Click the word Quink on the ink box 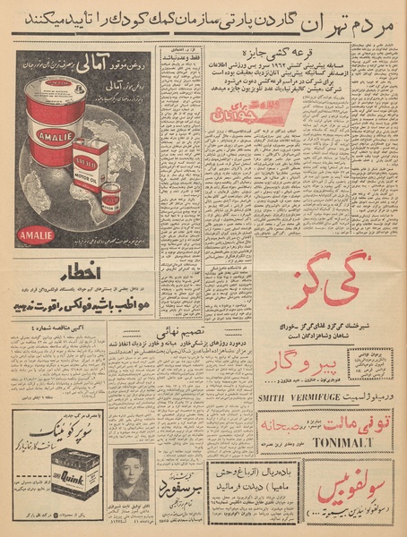[x=74, y=489]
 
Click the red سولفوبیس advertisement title [x=356, y=495]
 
